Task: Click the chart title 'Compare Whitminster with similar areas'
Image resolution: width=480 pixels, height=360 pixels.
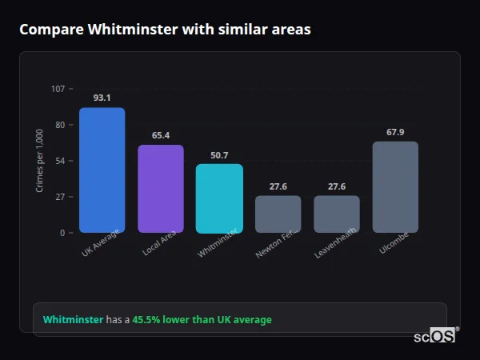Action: [x=165, y=30]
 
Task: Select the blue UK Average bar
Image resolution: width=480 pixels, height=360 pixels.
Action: [x=102, y=170]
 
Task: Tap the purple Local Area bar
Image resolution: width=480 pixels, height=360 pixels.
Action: [x=161, y=189]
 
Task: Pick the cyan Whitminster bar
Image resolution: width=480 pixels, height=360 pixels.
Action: [x=219, y=198]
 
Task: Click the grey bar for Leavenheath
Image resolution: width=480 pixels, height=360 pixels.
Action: [x=336, y=214]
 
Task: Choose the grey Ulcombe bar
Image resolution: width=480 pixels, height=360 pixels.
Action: [x=395, y=187]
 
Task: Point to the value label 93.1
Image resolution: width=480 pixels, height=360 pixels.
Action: [x=102, y=98]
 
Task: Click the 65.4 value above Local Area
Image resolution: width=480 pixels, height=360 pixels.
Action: [x=161, y=135]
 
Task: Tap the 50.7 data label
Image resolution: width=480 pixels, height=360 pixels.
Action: [x=219, y=154]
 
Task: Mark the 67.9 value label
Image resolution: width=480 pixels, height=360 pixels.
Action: [x=395, y=132]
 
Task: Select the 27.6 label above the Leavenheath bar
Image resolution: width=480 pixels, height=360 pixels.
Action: [x=336, y=186]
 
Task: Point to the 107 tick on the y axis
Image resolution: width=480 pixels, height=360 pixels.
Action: [x=58, y=89]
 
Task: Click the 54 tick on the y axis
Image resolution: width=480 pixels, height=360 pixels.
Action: [x=60, y=161]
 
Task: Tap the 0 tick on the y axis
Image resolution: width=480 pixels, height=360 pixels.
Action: [x=62, y=233]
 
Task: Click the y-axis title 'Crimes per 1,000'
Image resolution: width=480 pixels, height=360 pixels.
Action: [x=40, y=161]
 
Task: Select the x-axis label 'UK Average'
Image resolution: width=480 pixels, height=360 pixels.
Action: [x=101, y=244]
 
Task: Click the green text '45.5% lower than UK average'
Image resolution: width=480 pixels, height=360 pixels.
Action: [x=202, y=320]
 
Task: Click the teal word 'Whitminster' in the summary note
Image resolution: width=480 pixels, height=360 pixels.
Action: [x=73, y=320]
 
